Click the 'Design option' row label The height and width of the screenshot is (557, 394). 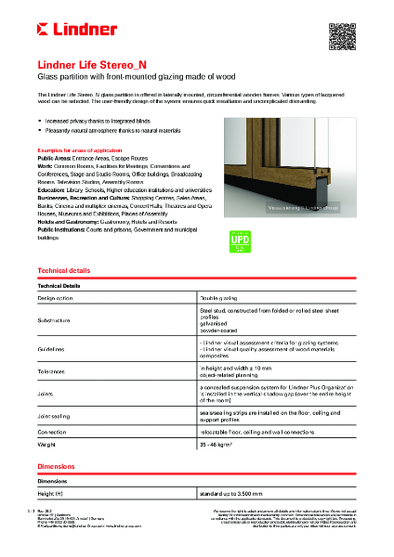point(58,298)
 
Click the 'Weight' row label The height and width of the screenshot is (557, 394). point(49,447)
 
